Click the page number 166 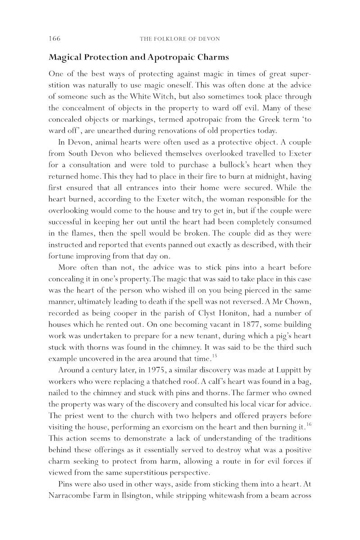(54, 39)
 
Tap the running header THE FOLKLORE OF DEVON (180, 39)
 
